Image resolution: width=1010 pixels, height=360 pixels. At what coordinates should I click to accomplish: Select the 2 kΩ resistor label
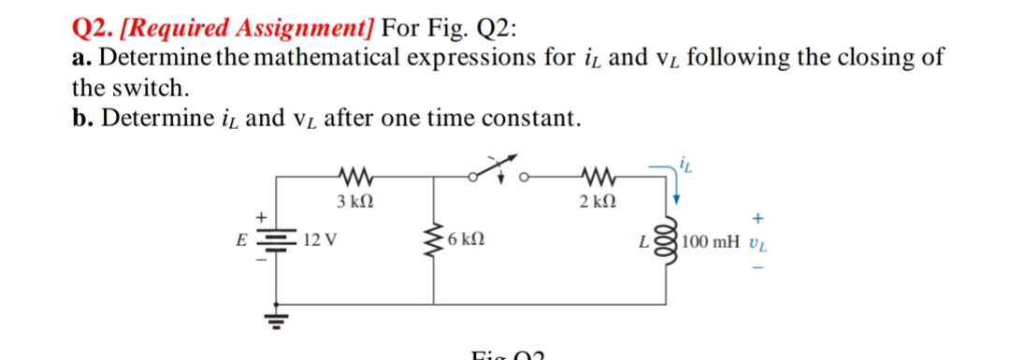coord(594,202)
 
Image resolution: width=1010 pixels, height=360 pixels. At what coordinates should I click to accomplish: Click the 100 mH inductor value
coord(714,243)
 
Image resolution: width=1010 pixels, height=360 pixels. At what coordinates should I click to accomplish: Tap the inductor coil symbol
coord(670,242)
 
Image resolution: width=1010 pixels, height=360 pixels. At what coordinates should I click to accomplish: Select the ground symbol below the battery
coord(277,316)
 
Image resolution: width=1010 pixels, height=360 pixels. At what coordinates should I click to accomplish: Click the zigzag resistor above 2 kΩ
coord(595,175)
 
